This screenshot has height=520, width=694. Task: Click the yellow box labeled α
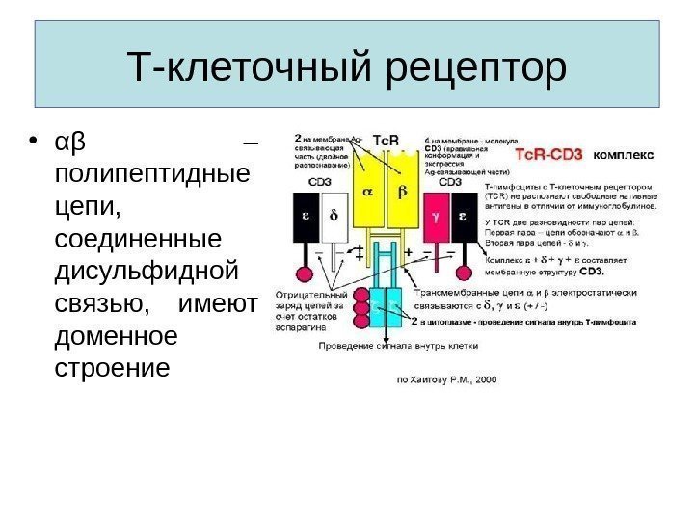click(365, 193)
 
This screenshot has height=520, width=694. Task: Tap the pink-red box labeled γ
click(434, 218)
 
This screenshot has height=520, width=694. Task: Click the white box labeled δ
click(334, 218)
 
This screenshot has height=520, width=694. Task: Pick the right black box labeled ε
click(464, 218)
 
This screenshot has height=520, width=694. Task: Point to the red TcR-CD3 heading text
click(547, 154)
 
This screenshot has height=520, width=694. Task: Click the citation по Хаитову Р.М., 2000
click(448, 380)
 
